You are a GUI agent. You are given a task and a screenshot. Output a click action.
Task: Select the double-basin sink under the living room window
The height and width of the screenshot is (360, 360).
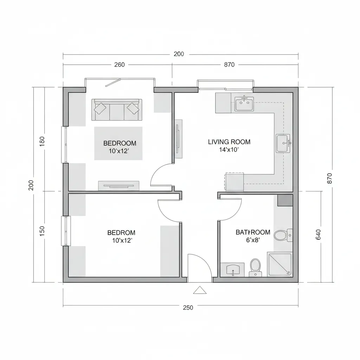tap(244, 104)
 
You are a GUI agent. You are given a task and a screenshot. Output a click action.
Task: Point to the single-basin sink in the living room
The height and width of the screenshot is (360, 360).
tap(283, 143)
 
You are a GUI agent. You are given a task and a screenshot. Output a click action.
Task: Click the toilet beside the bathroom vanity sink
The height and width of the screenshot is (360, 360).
tap(255, 267)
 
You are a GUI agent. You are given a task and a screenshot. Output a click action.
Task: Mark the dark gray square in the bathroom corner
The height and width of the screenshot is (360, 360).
tap(285, 200)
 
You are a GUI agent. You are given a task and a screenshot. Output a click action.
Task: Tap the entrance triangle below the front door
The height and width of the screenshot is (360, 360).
tap(200, 290)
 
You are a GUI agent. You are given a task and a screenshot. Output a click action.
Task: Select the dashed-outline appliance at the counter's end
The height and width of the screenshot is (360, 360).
tap(234, 182)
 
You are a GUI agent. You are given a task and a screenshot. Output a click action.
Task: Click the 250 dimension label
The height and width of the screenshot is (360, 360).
tap(188, 308)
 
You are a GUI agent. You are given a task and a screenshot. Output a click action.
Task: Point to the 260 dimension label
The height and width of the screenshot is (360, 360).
tap(120, 65)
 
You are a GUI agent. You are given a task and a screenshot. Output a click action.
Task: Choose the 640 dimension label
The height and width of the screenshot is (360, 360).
tap(319, 234)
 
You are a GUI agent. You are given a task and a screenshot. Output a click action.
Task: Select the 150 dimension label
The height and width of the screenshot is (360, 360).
tap(43, 231)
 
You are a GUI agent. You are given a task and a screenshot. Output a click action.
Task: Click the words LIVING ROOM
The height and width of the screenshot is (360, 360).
tap(229, 142)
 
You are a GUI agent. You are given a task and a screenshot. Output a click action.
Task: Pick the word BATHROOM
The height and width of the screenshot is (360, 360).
tap(253, 232)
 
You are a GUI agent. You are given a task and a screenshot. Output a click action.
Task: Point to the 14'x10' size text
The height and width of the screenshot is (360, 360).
tap(229, 149)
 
